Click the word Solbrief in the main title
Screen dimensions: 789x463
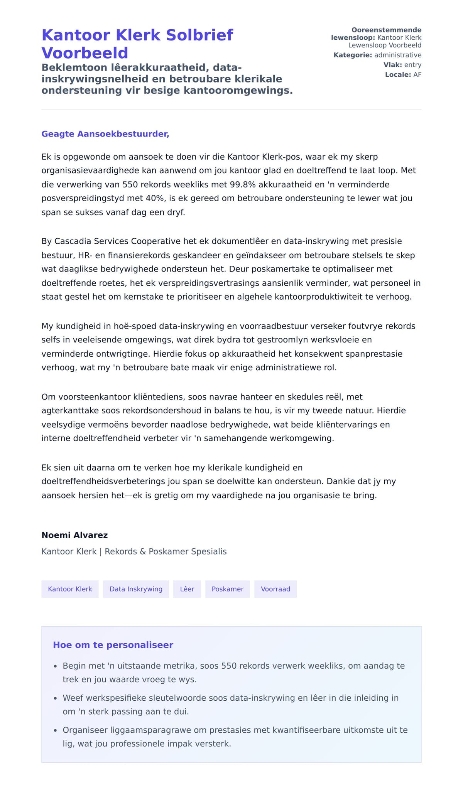tap(199, 35)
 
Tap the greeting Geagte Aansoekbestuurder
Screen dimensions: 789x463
tap(105, 134)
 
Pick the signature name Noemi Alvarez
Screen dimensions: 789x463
tap(74, 535)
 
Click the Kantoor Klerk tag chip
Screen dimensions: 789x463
tap(70, 589)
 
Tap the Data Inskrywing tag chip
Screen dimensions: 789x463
tap(136, 589)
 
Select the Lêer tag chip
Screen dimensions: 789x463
tap(187, 589)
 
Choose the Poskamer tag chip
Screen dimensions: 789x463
tap(228, 589)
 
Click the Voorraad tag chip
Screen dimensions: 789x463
tap(275, 589)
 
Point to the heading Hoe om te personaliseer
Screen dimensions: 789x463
tap(113, 645)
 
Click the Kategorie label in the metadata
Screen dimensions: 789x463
tap(353, 55)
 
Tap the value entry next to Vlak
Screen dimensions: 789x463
tap(412, 65)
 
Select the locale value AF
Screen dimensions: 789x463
tap(417, 74)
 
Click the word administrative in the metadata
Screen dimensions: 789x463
tap(398, 55)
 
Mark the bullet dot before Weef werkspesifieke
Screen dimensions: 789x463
tap(55, 698)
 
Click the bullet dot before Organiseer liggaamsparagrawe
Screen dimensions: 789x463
tap(55, 730)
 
